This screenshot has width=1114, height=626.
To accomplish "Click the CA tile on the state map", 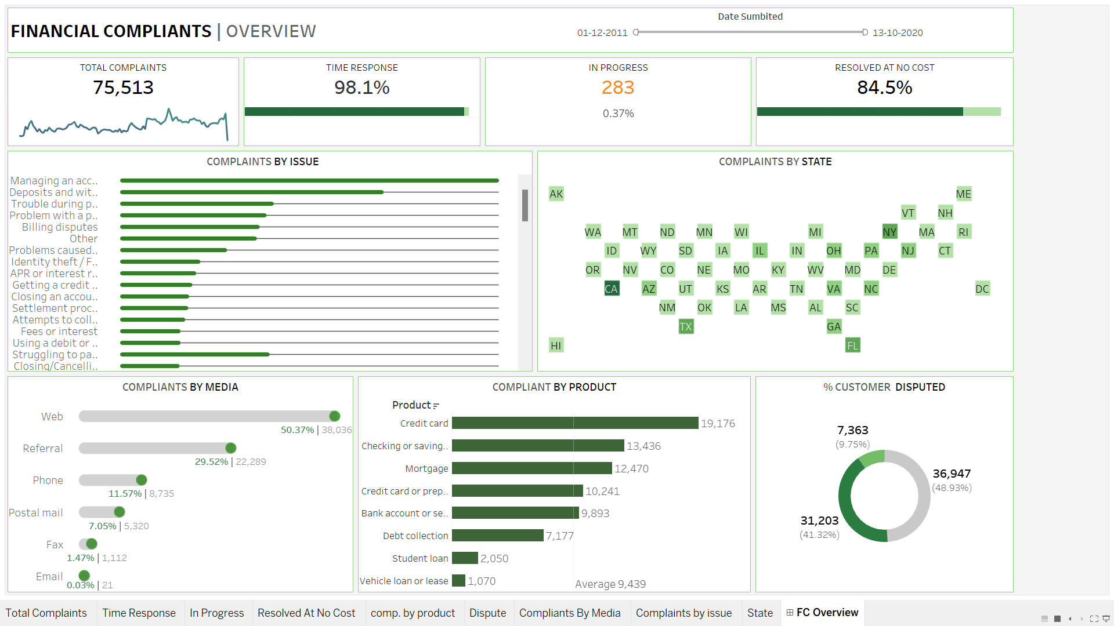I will tap(611, 289).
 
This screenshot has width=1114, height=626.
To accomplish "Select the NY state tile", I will tap(889, 232).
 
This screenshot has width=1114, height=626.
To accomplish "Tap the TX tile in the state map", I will tap(686, 327).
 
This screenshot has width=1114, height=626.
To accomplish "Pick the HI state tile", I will tap(556, 345).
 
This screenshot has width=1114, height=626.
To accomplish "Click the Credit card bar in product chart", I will tap(574, 423).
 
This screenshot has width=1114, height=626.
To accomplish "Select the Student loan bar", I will tap(465, 558).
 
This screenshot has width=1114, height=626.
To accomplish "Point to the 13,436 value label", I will tap(643, 446).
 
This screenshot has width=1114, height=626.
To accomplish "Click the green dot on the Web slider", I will tap(335, 416).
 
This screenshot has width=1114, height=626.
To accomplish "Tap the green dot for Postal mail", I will tap(120, 512).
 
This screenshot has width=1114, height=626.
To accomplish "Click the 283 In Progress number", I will tap(618, 88).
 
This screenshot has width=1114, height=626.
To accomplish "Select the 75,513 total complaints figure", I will tap(123, 88).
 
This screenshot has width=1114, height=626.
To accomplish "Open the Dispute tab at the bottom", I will tap(487, 613).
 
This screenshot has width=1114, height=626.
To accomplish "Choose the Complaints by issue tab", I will tap(683, 613).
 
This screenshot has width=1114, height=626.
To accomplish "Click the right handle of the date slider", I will tap(865, 32).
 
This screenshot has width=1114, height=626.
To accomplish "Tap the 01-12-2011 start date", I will tap(602, 33).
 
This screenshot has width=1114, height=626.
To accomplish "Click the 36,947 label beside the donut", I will tap(952, 474).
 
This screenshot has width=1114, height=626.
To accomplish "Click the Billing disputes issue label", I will tap(60, 227).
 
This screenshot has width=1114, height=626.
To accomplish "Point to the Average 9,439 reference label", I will tap(610, 584).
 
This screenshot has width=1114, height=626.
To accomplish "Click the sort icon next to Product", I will tap(436, 406).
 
